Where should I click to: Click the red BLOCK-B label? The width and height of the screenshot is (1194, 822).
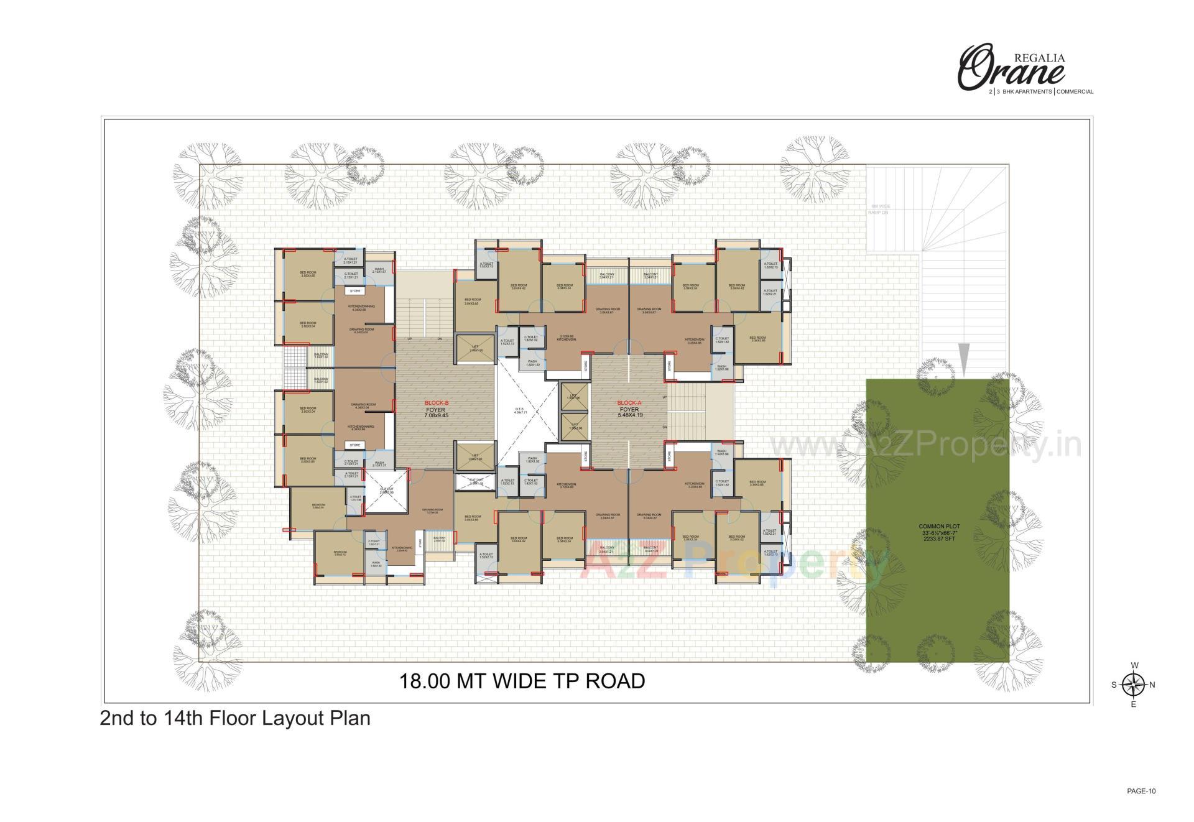click(x=436, y=403)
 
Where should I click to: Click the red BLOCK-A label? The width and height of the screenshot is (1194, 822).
click(x=629, y=402)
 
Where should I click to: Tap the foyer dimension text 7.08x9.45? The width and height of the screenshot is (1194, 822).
click(x=436, y=414)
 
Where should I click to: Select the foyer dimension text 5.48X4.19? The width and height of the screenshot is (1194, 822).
click(x=629, y=414)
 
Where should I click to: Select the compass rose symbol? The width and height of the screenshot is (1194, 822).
click(x=1134, y=685)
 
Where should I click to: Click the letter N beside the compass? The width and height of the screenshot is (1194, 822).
click(x=1152, y=685)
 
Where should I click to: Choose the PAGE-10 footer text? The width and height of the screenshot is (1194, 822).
click(x=1141, y=792)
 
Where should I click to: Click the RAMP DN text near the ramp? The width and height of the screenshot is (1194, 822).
click(x=878, y=213)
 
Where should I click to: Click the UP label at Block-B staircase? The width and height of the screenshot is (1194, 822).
click(x=410, y=339)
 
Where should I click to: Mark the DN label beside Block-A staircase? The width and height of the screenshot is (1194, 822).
click(x=665, y=427)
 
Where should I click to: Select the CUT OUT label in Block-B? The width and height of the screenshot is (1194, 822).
click(x=387, y=491)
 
